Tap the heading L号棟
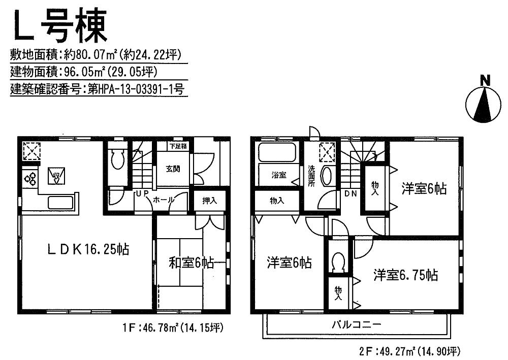click(x=60, y=26)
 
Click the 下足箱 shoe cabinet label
click(x=177, y=146)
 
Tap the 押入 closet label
click(x=209, y=201)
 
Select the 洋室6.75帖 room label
click(x=405, y=275)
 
